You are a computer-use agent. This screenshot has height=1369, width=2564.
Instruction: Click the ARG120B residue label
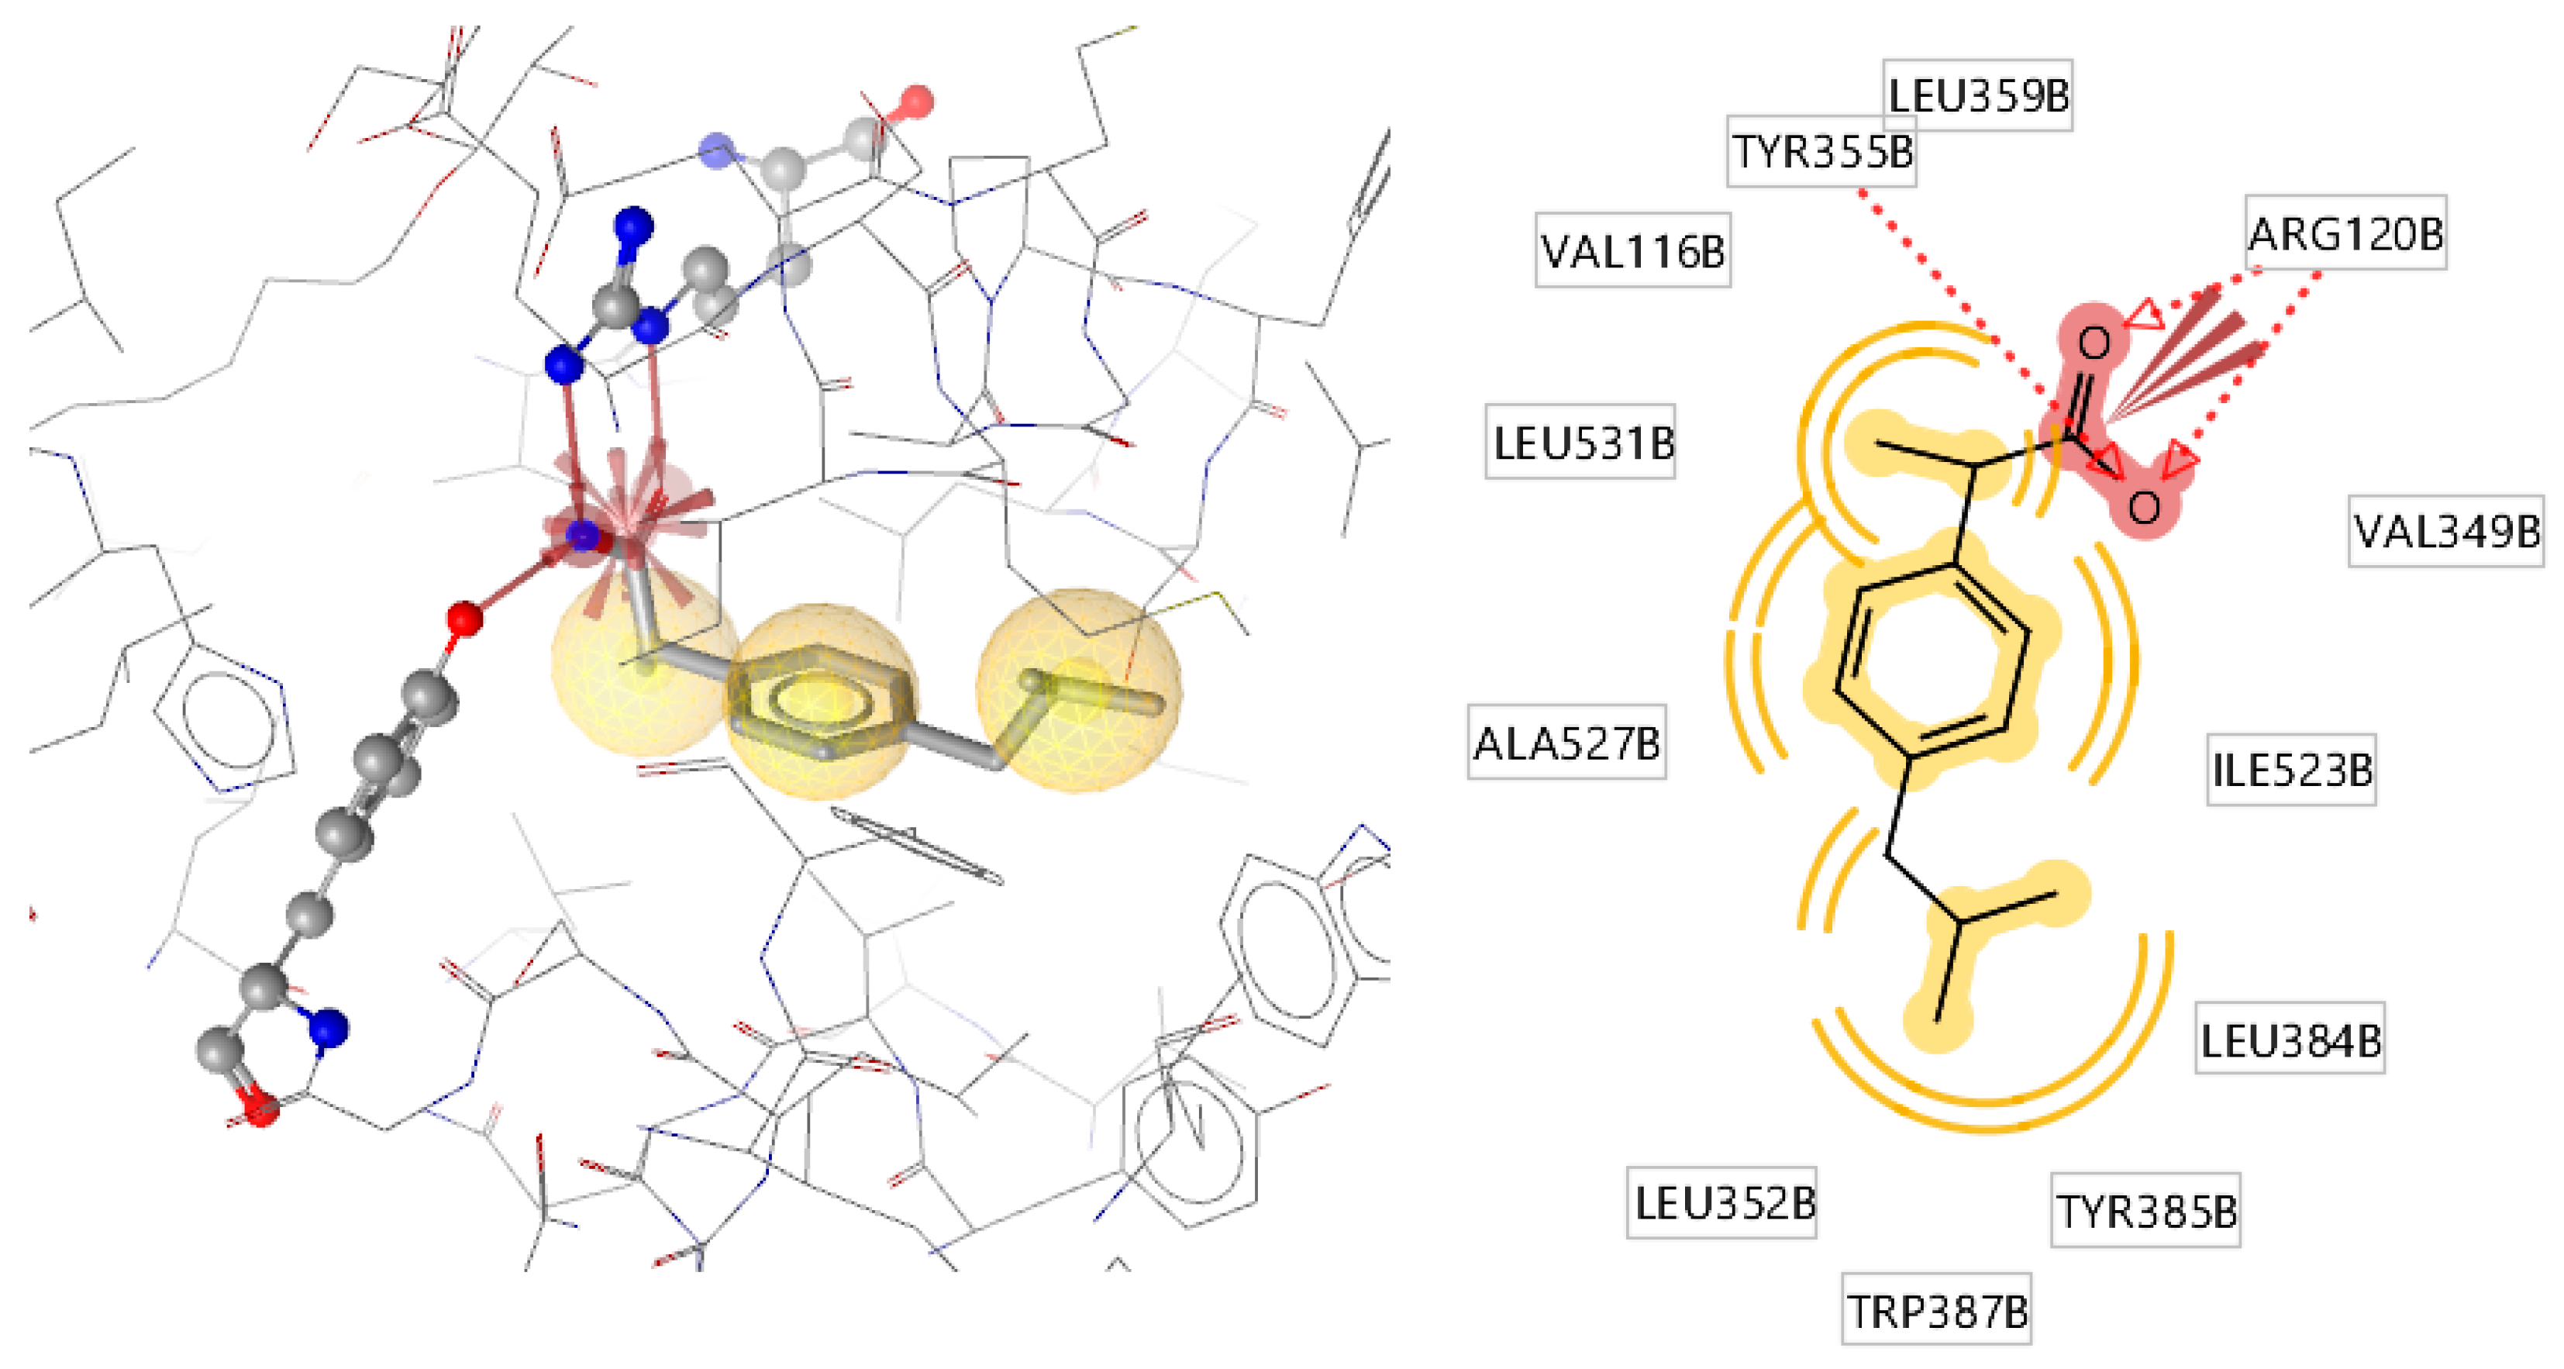[2345, 234]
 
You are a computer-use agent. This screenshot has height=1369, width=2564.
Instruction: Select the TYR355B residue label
[1821, 151]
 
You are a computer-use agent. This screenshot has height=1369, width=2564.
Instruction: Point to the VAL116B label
[1632, 251]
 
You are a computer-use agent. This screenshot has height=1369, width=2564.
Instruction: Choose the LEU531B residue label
[1580, 442]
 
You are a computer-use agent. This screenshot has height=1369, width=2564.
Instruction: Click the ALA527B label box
[1566, 743]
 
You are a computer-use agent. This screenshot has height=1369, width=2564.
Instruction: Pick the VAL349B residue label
[2445, 531]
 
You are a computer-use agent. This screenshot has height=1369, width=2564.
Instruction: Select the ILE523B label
[2291, 770]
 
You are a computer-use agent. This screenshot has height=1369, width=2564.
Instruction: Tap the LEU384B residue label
[2290, 1040]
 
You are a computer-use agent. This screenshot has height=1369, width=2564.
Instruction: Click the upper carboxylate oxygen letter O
[2094, 343]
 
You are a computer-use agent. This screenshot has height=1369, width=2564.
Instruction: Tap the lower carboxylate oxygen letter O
[2143, 507]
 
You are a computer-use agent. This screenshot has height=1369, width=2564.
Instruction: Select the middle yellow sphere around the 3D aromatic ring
[821, 700]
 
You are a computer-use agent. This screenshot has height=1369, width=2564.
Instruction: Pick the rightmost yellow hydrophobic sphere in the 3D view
[1078, 690]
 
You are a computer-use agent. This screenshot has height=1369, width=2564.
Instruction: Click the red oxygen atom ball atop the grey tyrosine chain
[464, 619]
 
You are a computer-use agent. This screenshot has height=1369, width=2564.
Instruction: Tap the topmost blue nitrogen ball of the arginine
[633, 226]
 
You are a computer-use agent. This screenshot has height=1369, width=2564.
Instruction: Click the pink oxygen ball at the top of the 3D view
[915, 102]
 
